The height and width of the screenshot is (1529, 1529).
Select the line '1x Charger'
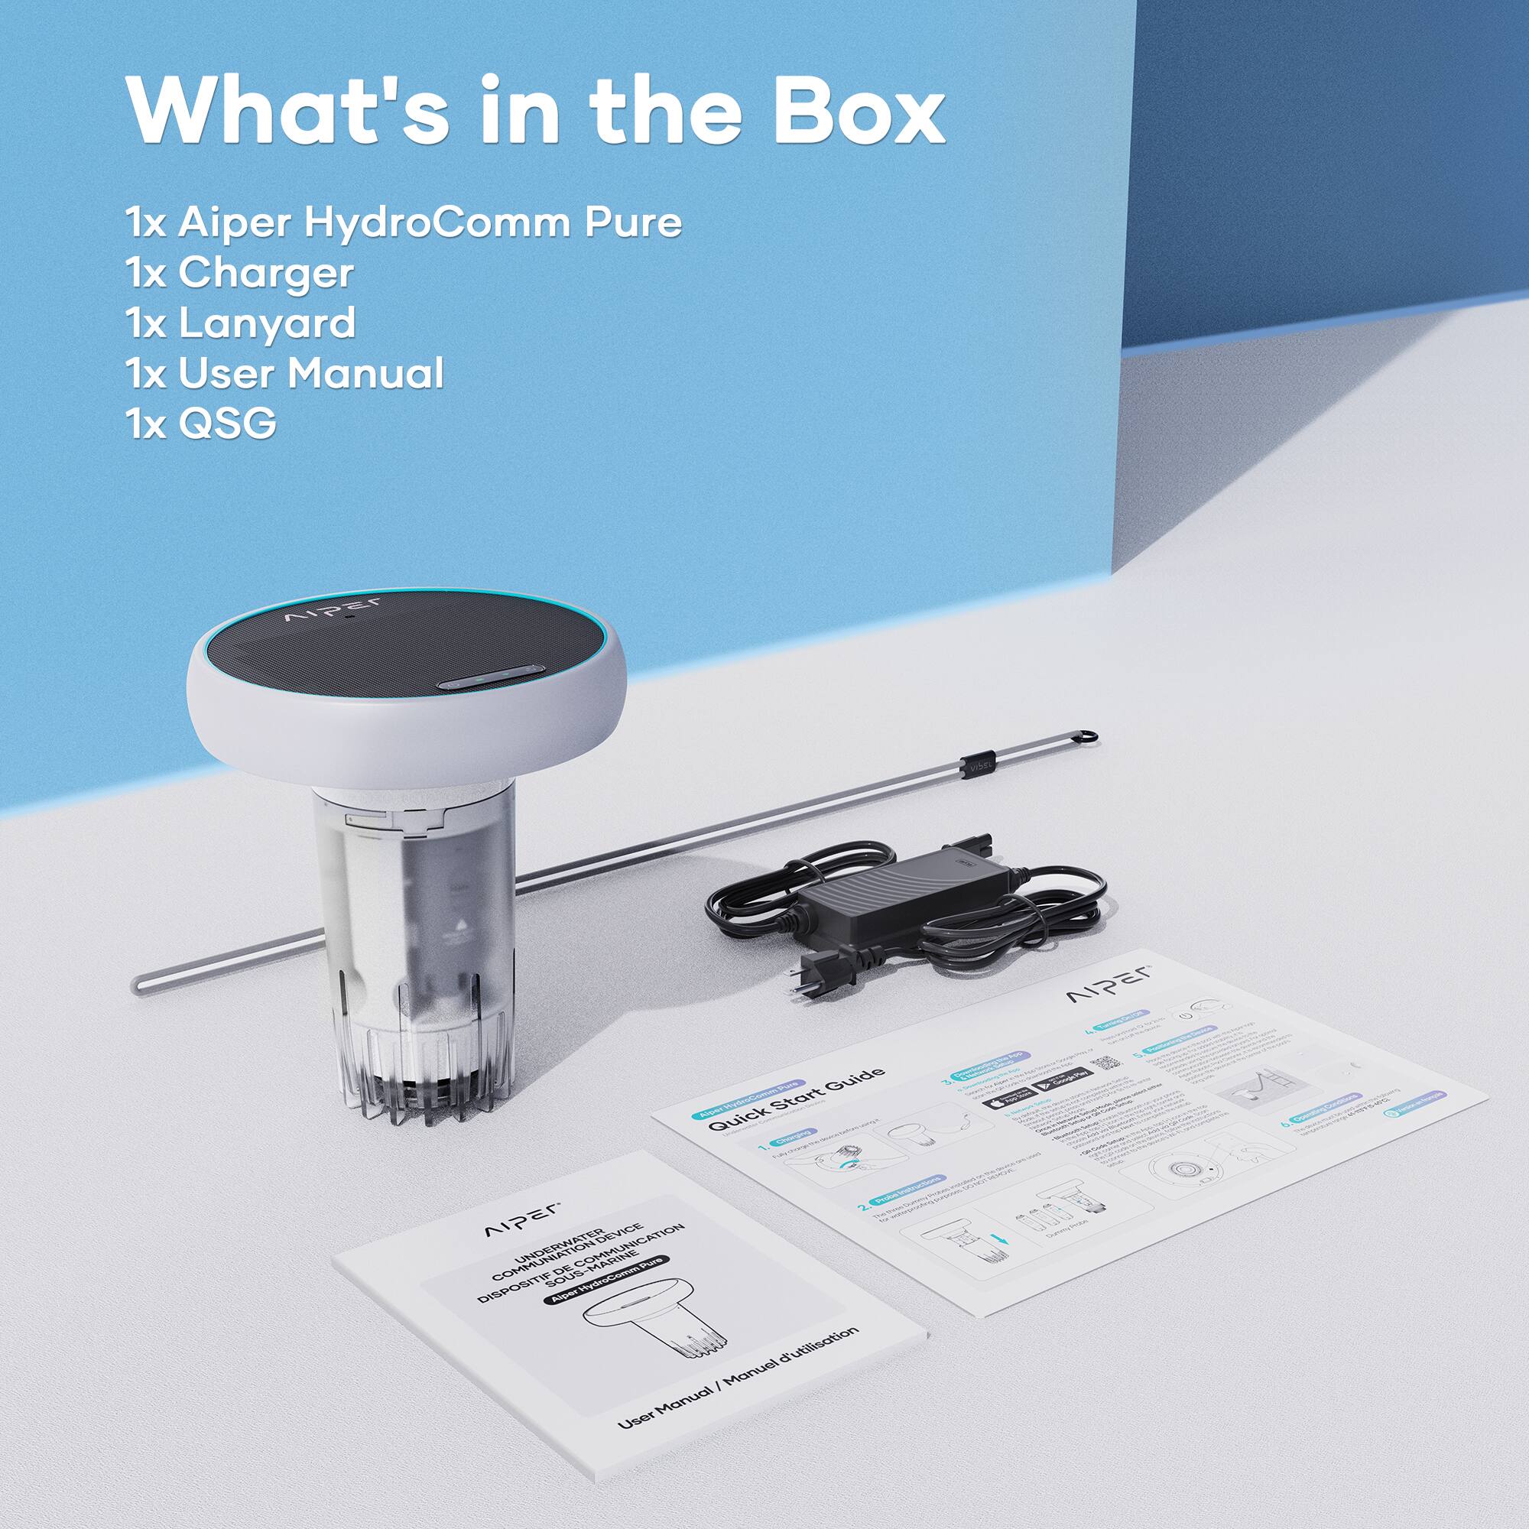click(x=239, y=273)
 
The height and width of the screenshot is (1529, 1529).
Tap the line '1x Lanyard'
click(x=240, y=323)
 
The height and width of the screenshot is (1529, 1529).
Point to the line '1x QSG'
click(x=200, y=424)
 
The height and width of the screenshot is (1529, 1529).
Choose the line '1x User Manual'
click(x=284, y=374)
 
